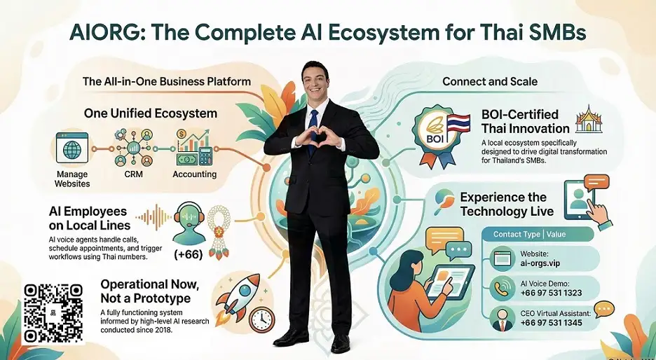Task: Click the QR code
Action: click(x=53, y=313)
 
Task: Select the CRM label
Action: click(x=133, y=174)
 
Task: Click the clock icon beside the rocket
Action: click(x=262, y=320)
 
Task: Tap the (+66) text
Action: click(x=189, y=254)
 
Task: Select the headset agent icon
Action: click(x=189, y=223)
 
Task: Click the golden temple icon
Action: click(x=589, y=119)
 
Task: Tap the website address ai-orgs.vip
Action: click(x=540, y=263)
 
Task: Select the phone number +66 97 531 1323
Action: click(x=552, y=293)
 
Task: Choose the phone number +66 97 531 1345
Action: click(x=552, y=323)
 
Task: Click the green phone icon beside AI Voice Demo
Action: click(x=503, y=289)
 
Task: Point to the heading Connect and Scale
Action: click(x=490, y=81)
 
